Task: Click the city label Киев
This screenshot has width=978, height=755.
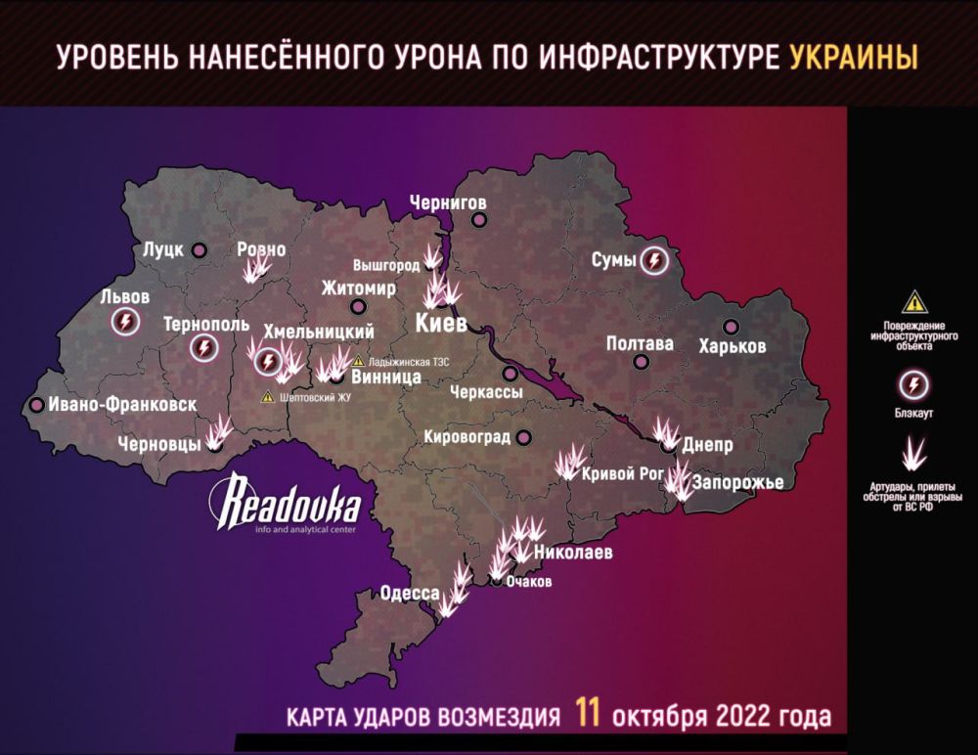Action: (440, 323)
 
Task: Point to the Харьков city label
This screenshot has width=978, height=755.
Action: (733, 346)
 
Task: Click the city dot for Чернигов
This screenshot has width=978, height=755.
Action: (478, 219)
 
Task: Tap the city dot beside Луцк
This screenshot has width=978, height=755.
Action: (200, 249)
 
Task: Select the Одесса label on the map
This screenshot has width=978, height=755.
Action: (410, 594)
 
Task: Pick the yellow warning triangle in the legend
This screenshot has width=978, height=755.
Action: (914, 301)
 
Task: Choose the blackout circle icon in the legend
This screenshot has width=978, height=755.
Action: (914, 384)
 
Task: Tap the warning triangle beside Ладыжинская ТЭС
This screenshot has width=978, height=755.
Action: (358, 360)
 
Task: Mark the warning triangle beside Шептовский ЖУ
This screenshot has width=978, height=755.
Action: (268, 397)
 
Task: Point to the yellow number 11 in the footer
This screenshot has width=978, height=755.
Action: (588, 714)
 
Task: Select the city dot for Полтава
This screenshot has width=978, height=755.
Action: (641, 362)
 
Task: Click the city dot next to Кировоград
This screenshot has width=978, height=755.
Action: (524, 437)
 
